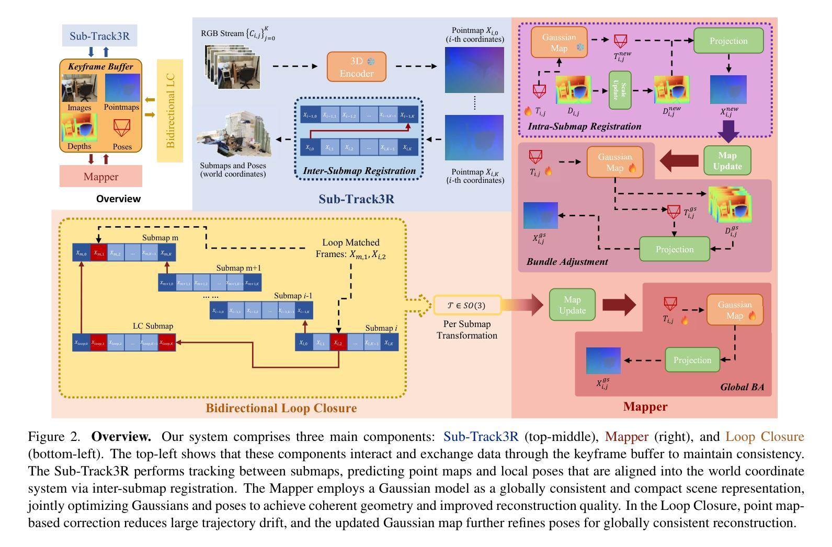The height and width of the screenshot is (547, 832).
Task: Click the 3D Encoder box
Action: pos(357,67)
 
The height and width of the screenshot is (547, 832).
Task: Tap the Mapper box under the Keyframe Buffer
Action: pos(101,177)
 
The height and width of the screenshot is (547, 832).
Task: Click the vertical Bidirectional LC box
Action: pos(170,111)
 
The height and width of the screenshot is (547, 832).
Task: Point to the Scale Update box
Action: pos(620,90)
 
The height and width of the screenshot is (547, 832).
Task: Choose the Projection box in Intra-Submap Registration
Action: pos(728,41)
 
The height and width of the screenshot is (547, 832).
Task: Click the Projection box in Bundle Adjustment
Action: pos(675,249)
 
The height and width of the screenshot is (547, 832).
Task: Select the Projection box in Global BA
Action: pos(692,360)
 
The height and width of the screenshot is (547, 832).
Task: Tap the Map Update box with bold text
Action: pos(727,160)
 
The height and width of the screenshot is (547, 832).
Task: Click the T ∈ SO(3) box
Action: pos(467,305)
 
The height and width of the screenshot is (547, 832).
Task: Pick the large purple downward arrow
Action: pos(728,131)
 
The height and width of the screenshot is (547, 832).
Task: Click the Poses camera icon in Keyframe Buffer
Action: pos(122,128)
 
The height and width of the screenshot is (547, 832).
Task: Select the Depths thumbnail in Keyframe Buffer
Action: pos(79,127)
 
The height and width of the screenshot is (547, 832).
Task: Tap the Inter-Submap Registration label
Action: pos(359,171)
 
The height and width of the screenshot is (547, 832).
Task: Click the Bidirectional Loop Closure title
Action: pos(281,408)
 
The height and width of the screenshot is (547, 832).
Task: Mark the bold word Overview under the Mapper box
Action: pos(118,199)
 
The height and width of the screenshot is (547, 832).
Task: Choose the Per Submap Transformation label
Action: pos(467,330)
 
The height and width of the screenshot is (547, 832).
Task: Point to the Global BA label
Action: pos(742,387)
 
